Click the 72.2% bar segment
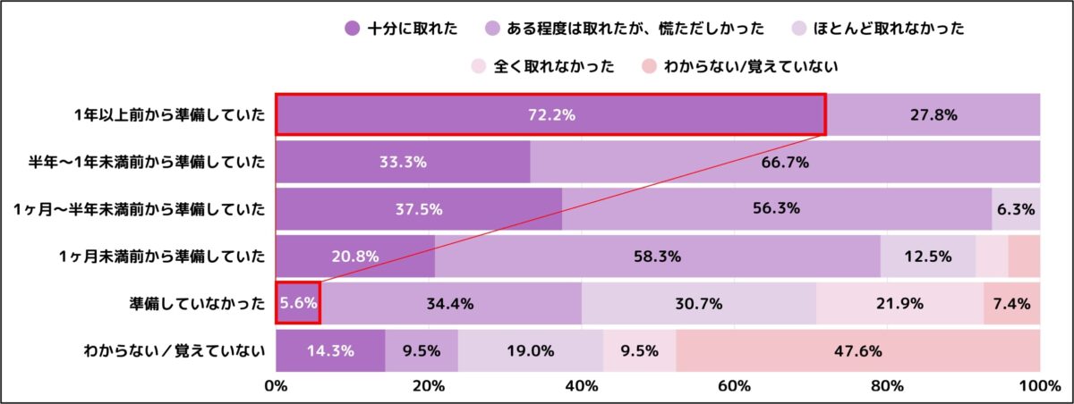click(550, 115)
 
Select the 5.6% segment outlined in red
click(297, 303)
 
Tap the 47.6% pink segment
click(857, 350)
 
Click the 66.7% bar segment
click(784, 162)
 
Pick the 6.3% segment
click(1016, 209)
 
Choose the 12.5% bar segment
click(927, 257)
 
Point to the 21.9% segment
click(899, 303)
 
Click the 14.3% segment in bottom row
click(329, 350)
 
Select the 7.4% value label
click(1011, 303)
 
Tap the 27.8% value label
click(933, 115)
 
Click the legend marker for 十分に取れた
click(352, 29)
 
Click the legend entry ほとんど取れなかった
click(889, 29)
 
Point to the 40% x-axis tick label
click(582, 386)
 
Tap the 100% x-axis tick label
click(1038, 386)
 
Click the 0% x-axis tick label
click(276, 386)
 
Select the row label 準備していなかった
click(198, 303)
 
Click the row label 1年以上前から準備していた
click(170, 115)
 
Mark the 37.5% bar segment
click(418, 209)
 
